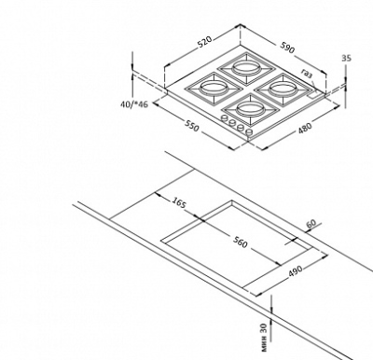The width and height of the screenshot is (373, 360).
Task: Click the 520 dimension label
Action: pyautogui.click(x=205, y=42)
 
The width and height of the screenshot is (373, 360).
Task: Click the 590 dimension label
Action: pyautogui.click(x=287, y=47)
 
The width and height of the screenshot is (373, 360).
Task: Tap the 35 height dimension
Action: pyautogui.click(x=346, y=58)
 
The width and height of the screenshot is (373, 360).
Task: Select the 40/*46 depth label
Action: pyautogui.click(x=134, y=104)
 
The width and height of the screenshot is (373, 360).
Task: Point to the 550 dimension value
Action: pyautogui.click(x=192, y=125)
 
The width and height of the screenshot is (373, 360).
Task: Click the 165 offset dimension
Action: pyautogui.click(x=179, y=202)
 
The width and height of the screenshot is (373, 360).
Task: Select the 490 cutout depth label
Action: pyautogui.click(x=296, y=270)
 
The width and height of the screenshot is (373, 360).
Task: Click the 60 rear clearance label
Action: pyautogui.click(x=311, y=224)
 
